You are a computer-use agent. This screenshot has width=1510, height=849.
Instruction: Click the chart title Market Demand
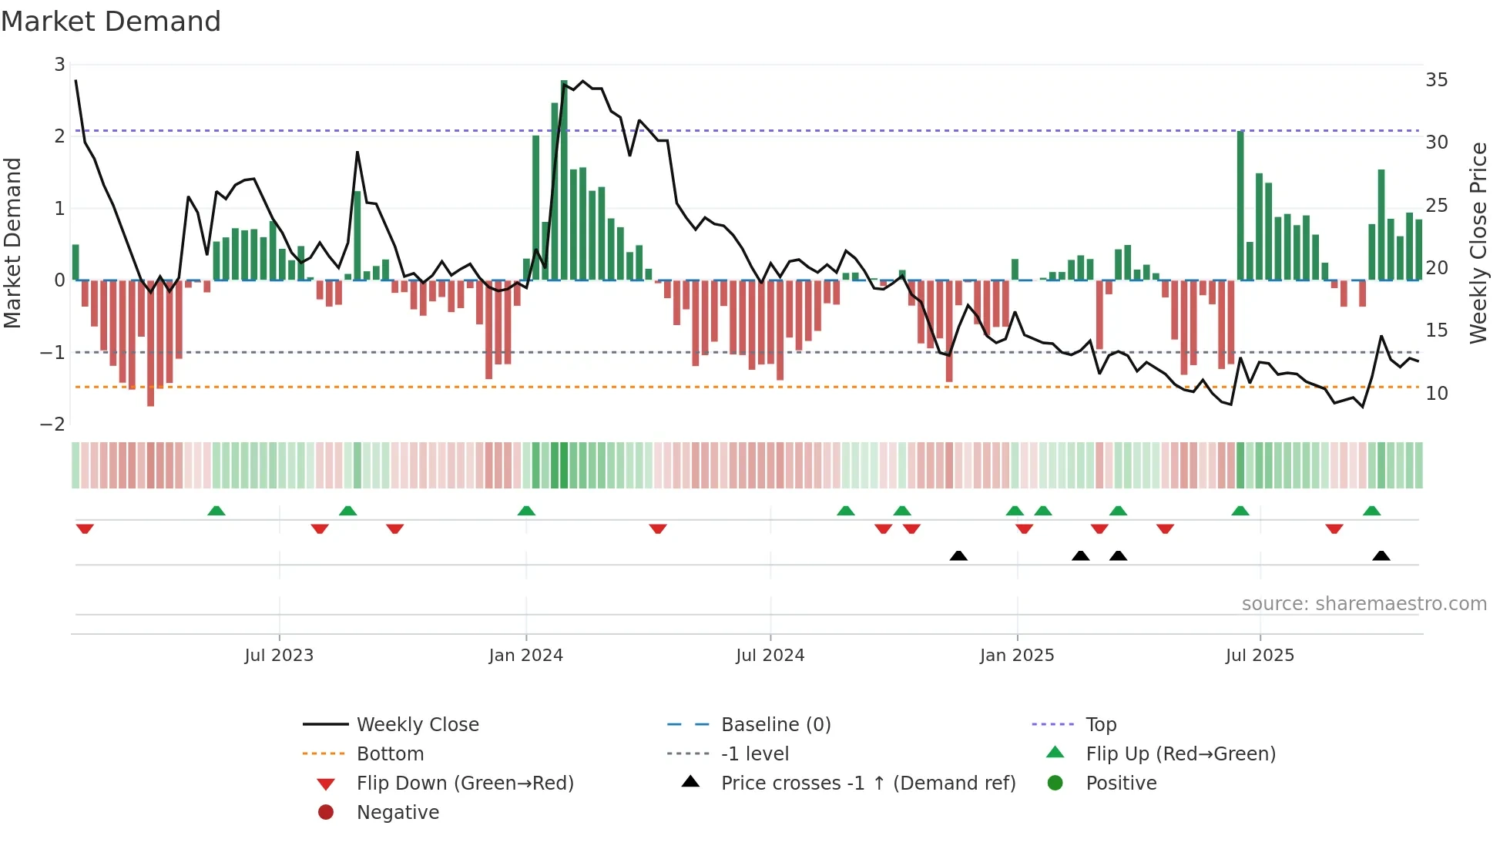click(x=111, y=22)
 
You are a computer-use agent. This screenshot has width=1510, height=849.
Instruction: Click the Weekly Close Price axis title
click(x=1478, y=243)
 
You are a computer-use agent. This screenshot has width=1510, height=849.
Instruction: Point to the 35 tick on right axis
click(x=1436, y=80)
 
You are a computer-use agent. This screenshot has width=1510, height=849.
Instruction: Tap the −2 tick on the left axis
click(x=53, y=424)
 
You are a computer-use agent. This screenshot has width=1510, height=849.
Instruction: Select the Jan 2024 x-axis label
click(x=525, y=656)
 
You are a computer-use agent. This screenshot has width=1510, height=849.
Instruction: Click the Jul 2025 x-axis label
click(x=1260, y=656)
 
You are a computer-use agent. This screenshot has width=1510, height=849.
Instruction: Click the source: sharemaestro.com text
click(x=1364, y=604)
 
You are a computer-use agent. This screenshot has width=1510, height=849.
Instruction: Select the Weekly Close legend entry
click(x=417, y=725)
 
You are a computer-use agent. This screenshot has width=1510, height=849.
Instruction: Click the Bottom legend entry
click(x=390, y=754)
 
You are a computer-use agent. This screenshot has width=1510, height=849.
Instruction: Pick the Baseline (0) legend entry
click(x=775, y=725)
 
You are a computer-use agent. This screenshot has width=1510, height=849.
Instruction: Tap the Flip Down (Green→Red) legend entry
click(x=465, y=784)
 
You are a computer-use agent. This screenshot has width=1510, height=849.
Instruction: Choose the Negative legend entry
click(x=398, y=813)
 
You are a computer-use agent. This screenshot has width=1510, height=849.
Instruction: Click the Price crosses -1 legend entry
click(x=867, y=784)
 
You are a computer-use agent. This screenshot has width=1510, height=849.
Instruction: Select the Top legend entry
click(x=1100, y=725)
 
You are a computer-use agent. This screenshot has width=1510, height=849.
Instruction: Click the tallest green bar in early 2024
click(x=564, y=181)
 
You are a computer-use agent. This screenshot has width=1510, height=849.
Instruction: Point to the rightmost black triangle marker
click(x=1381, y=555)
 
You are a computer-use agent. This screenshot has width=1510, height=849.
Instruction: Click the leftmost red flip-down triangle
click(x=85, y=529)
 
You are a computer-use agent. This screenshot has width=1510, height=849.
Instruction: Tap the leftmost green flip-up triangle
click(x=216, y=511)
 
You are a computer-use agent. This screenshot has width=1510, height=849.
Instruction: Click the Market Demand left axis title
click(x=13, y=243)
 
